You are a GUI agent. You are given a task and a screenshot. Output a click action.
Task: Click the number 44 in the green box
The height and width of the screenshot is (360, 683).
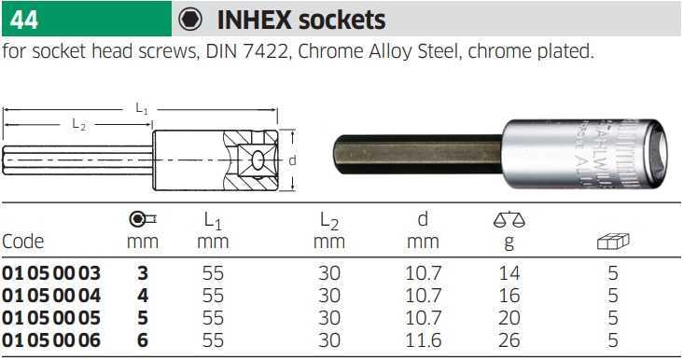click(x=24, y=20)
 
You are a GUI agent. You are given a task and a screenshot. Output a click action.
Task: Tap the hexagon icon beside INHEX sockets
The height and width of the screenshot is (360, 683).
click(x=190, y=20)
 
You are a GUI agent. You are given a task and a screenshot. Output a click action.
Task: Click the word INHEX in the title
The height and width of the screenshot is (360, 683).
click(x=254, y=20)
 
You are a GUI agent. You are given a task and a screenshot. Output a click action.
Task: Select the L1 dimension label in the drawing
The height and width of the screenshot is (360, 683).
click(x=141, y=108)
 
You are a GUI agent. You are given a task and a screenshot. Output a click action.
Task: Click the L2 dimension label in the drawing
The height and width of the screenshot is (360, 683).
click(x=78, y=124)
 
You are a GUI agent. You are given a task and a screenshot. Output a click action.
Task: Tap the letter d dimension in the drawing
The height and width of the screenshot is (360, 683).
click(x=292, y=160)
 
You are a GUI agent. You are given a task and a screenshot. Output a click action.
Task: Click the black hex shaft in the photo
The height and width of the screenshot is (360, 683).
click(x=418, y=155)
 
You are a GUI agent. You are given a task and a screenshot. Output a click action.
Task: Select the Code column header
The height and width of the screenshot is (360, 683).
click(x=22, y=242)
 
